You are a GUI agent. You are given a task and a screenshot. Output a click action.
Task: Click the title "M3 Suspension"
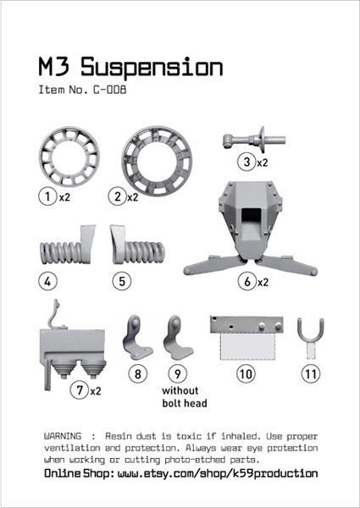130,67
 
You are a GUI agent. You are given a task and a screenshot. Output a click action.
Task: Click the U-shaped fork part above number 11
311,334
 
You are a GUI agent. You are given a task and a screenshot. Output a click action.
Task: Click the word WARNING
64,435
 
